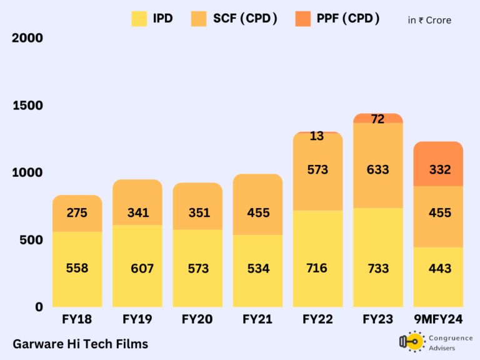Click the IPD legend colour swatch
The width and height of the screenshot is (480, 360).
click(139, 19)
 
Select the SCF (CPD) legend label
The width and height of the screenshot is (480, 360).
click(246, 19)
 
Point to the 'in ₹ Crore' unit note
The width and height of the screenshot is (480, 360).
click(429, 20)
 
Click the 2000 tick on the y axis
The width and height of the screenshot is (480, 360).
click(27, 38)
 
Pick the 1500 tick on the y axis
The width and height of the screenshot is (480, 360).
click(27, 105)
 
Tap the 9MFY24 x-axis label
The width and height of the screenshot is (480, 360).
click(438, 319)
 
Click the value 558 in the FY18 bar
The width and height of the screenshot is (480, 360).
click(77, 268)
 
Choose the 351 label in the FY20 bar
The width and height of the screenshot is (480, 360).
click(197, 212)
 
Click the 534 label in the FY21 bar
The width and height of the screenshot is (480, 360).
click(257, 269)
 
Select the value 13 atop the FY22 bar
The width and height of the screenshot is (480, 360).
click(317, 136)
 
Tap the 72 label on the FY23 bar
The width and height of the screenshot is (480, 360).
click(377, 119)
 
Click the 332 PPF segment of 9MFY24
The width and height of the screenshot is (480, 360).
click(438, 169)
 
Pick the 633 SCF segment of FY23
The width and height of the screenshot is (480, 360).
click(377, 169)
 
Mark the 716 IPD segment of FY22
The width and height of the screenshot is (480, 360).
click(317, 268)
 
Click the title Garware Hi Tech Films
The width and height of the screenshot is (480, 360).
click(80, 344)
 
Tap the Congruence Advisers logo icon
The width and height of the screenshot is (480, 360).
click(412, 342)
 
